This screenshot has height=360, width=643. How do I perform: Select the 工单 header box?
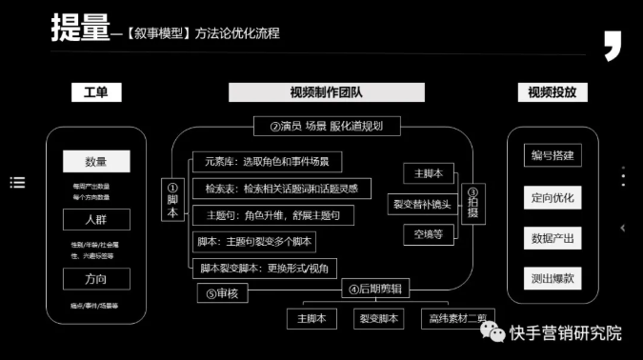(x=96, y=92)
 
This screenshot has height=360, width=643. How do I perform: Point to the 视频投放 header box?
(x=553, y=92)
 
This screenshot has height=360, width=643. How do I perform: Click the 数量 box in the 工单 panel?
(x=96, y=162)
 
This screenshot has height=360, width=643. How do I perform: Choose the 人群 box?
(x=96, y=220)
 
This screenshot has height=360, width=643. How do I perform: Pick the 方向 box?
(x=96, y=279)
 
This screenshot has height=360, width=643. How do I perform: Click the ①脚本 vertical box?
(x=172, y=200)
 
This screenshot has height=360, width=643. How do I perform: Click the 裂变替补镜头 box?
(x=423, y=203)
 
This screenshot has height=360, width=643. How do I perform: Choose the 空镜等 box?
(x=422, y=232)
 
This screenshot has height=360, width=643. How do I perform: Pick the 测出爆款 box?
(x=552, y=278)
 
